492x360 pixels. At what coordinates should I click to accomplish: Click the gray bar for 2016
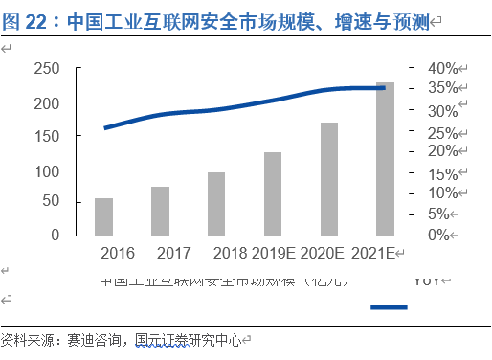(x=103, y=216)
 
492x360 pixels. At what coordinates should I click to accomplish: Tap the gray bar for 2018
(x=216, y=204)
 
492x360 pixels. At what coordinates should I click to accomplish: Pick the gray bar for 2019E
(x=273, y=193)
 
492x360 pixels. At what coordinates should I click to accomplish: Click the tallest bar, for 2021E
(x=385, y=159)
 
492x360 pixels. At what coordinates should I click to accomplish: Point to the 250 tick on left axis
(x=47, y=68)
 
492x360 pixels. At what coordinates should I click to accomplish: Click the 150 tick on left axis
(x=47, y=135)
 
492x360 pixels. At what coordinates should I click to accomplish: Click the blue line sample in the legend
(x=389, y=307)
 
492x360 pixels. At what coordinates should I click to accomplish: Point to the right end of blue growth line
(x=384, y=88)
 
